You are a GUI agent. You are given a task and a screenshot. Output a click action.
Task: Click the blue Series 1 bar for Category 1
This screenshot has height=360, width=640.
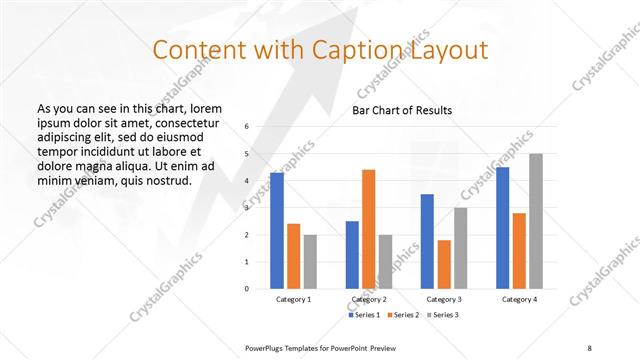[277, 231]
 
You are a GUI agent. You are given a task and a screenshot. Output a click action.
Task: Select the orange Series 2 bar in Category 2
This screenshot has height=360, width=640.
[368, 229]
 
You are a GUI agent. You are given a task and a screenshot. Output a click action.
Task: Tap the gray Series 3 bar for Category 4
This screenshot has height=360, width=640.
[537, 221]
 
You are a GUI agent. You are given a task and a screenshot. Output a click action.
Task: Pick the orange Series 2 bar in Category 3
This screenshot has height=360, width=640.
[443, 264]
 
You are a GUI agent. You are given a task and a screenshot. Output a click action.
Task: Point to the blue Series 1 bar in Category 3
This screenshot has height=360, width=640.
[427, 241]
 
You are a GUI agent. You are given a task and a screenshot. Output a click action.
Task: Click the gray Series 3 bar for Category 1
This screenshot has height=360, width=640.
[310, 262]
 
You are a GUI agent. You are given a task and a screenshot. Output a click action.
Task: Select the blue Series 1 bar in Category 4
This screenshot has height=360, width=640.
[503, 228]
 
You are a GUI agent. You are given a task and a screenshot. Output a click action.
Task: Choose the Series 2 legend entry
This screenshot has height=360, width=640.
[402, 315]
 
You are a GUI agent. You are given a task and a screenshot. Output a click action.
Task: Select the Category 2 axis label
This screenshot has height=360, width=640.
[369, 300]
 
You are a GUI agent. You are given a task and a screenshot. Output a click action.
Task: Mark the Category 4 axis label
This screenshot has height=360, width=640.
[520, 300]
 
